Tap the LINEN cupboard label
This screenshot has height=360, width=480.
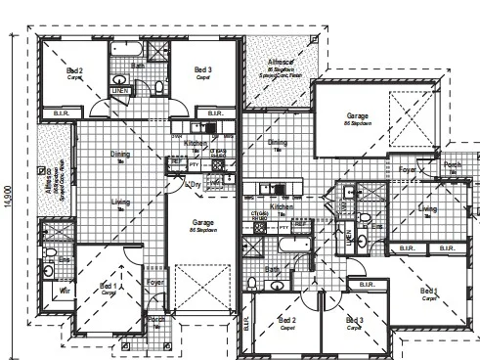click(x=120, y=91)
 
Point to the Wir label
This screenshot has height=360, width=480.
click(x=65, y=291)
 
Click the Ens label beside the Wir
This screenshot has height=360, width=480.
click(x=65, y=259)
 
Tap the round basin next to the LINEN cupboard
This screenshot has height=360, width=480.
click(x=118, y=79)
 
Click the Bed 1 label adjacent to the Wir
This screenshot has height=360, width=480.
click(x=109, y=287)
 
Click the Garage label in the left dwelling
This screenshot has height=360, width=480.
click(x=203, y=222)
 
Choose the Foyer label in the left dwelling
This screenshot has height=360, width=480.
click(x=153, y=283)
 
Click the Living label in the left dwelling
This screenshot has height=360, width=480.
click(x=120, y=202)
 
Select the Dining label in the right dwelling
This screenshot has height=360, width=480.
click(x=278, y=143)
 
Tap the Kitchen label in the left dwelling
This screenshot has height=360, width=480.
click(x=195, y=143)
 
